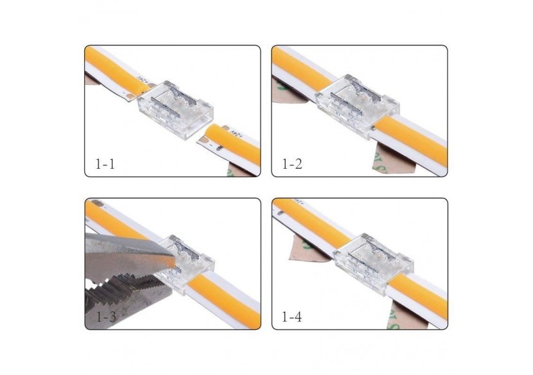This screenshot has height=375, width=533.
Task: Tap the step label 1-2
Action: coord(292,164)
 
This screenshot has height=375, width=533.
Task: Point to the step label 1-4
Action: coord(292,316)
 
